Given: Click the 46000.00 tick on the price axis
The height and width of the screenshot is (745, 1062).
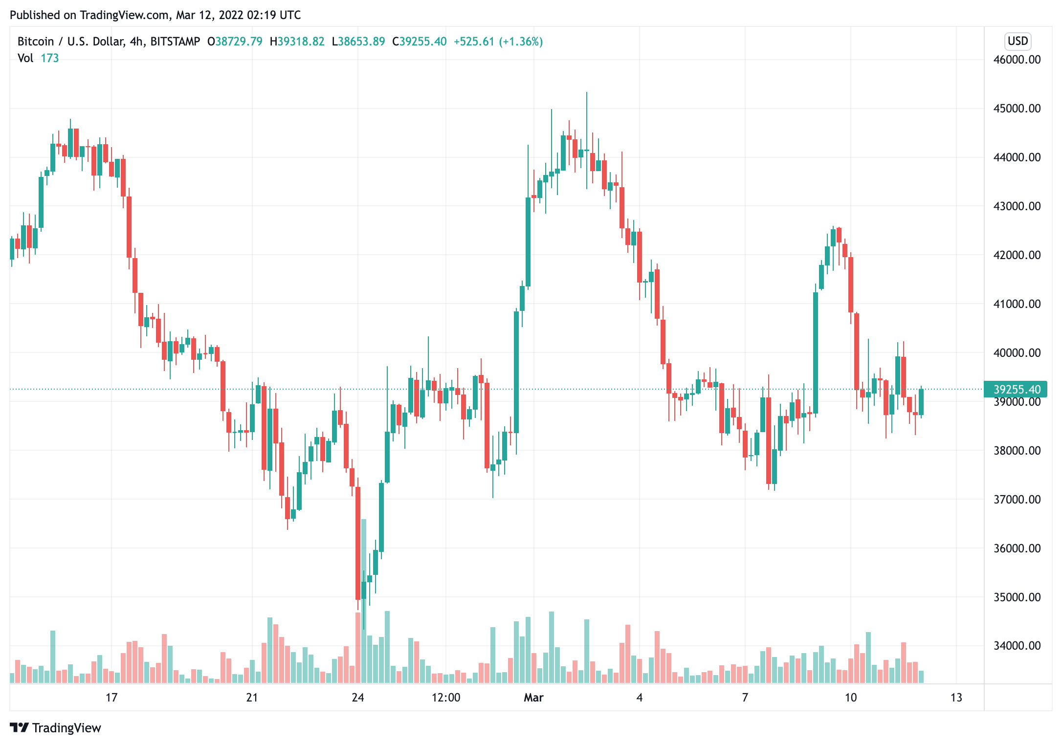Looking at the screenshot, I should coord(1017,60).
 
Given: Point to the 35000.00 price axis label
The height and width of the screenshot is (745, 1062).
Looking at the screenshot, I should coord(1017,597).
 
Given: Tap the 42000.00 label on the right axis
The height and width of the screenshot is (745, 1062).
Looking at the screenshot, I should coord(1017,255).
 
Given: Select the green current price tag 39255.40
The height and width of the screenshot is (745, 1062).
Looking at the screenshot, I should coord(1016,389).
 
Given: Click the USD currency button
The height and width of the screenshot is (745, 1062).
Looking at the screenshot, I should coord(1018,41).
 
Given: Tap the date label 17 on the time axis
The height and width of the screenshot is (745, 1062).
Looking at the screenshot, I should coord(111,698).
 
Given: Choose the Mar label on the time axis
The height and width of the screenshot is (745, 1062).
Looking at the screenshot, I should coord(533,698).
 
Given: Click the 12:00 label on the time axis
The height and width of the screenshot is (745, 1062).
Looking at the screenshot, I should coord(446,698).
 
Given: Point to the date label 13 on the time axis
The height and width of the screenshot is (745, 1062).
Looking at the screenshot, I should coord(956,698).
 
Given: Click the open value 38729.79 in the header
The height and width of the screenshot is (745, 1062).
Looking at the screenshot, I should coord(239,42).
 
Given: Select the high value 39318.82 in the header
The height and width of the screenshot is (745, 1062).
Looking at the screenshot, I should coord(301,42).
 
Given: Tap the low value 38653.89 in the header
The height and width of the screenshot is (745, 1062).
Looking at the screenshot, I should coord(362,42).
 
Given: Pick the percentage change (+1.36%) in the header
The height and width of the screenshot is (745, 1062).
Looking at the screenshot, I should coord(521,42).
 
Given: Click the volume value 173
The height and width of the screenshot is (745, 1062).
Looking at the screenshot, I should coord(50,58).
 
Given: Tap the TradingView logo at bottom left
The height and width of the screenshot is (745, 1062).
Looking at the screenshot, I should coord(55,728).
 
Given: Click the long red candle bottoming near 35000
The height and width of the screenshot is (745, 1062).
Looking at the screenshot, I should coord(358,543).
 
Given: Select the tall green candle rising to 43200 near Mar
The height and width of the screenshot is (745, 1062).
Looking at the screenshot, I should coord(528,242).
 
